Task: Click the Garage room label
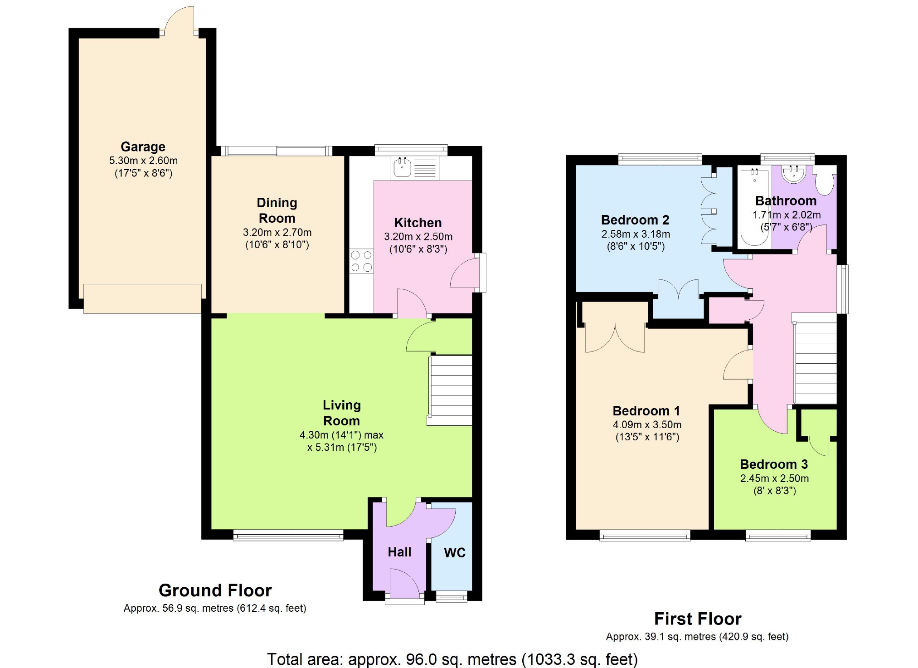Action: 143,147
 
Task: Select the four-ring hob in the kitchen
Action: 361,261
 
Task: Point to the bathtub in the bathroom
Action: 754,206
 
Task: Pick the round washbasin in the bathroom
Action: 794,174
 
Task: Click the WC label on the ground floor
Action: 455,552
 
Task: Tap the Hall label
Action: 399,552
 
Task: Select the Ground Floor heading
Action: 215,590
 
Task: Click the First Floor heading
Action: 698,619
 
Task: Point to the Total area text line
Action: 452,659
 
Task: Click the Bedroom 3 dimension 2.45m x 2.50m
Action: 774,478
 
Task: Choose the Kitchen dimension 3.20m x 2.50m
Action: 418,237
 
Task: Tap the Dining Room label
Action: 277,210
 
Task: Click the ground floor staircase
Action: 450,390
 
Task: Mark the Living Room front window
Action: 288,536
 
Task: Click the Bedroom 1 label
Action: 646,411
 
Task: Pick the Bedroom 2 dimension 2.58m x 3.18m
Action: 636,234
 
